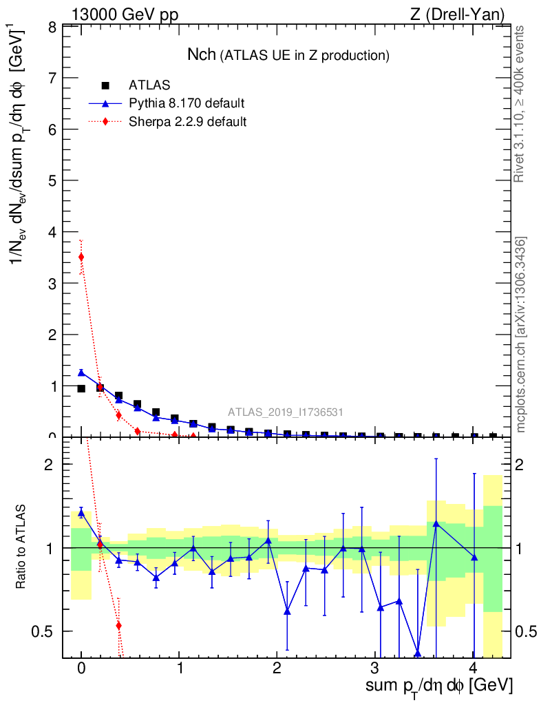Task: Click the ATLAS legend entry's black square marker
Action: point(105,85)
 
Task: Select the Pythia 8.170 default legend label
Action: point(187,104)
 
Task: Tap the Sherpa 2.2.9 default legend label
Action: point(188,122)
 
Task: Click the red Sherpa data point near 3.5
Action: point(81,257)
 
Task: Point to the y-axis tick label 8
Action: point(52,28)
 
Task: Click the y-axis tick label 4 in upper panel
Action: point(52,232)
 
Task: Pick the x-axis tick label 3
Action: point(375,669)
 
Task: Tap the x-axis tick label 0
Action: point(81,669)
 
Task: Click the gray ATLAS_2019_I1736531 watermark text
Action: point(286,412)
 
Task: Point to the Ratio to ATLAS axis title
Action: point(22,547)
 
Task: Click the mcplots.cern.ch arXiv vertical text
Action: point(521,335)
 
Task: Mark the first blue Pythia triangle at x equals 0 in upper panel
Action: point(81,372)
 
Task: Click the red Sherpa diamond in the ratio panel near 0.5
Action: point(119,625)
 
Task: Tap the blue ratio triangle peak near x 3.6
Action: point(436,524)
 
